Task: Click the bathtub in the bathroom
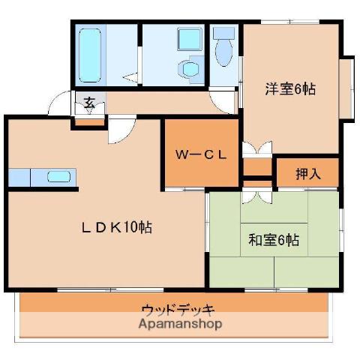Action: point(90,55)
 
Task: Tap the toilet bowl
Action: point(223,53)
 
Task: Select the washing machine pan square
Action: point(190,39)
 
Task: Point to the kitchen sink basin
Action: point(59,177)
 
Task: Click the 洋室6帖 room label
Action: point(290,88)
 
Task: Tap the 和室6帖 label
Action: point(274,240)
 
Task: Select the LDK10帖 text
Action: point(117,227)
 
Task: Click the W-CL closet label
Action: point(201,155)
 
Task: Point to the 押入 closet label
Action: point(308,173)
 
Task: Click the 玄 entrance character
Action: point(89,103)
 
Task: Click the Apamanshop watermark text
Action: point(180,324)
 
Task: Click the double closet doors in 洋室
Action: point(257,149)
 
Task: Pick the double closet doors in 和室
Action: point(257,195)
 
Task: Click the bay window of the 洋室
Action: point(347,88)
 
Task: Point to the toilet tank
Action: point(223,33)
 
